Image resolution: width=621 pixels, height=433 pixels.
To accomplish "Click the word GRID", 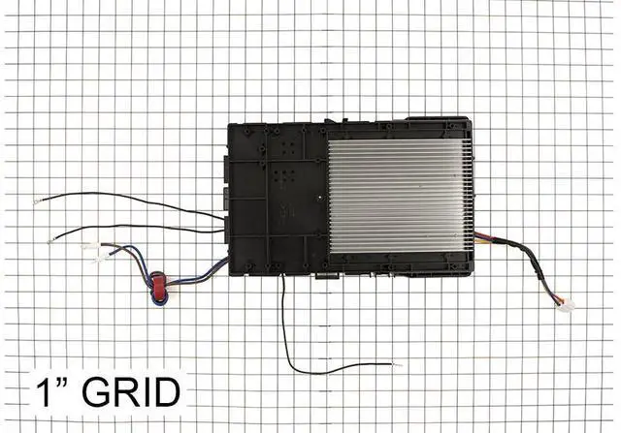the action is point(131,392).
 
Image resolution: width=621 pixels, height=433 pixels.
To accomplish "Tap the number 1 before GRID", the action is point(45,392).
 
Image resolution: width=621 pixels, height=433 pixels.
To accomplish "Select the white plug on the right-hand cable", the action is point(567,305).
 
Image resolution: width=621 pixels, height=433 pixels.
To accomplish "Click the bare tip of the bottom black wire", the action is point(397,364).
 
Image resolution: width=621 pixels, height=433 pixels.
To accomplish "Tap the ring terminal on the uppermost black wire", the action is point(37,202).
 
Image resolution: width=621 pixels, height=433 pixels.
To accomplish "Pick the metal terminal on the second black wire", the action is point(50,240).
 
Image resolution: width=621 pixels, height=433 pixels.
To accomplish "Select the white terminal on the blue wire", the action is point(100,259).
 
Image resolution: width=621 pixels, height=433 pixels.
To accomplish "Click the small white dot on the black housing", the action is point(319,197).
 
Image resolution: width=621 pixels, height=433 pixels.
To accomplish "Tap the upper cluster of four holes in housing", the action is point(288,148).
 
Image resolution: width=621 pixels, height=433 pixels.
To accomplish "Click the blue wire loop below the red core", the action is point(157,297).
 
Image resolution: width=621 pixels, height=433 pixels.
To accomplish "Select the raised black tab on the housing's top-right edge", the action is point(435,118).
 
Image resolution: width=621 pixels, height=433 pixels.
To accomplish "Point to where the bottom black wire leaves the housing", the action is point(282,275).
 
